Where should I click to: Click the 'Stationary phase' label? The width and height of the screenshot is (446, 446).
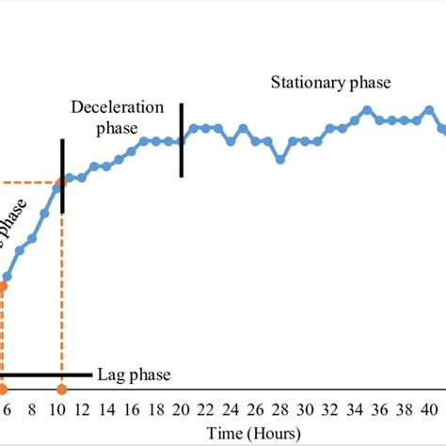click(x=330, y=83)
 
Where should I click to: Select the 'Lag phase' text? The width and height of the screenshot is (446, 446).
click(x=134, y=375)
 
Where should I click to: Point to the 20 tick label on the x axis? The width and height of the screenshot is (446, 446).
click(x=181, y=410)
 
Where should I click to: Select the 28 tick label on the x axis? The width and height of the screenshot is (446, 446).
click(x=279, y=410)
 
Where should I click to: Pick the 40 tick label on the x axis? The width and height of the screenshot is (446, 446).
click(x=428, y=410)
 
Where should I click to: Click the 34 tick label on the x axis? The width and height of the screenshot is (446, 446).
click(x=354, y=410)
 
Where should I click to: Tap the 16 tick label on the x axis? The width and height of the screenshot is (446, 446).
click(x=132, y=410)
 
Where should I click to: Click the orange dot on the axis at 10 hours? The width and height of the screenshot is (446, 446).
click(x=62, y=390)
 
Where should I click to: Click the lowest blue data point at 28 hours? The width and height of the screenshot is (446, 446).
click(x=280, y=160)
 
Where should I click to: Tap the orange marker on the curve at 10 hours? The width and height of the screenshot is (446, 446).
click(x=62, y=183)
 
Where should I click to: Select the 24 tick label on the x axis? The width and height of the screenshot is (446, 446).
click(x=231, y=410)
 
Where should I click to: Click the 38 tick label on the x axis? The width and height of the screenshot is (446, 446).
click(x=404, y=410)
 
